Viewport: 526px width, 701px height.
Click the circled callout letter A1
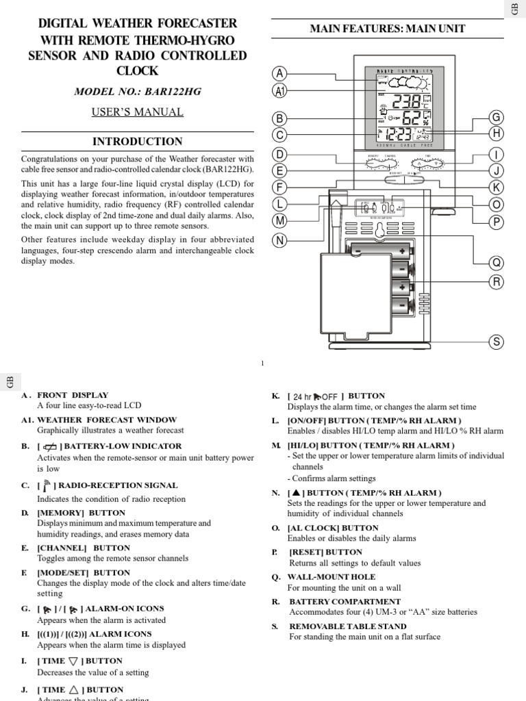point(279,90)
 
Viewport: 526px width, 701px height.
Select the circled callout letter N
point(279,240)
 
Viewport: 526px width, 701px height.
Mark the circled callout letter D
point(279,154)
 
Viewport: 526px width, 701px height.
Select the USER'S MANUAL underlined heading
point(138,112)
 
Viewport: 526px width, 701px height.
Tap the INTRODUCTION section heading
point(138,142)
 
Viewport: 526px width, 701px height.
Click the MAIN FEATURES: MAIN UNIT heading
point(387,29)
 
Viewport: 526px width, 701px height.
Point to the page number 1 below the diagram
point(262,364)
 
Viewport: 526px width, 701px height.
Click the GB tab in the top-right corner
point(515,10)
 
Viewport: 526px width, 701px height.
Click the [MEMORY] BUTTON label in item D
point(82,513)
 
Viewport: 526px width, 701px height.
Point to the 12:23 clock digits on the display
point(399,135)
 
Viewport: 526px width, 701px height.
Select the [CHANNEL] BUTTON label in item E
point(83,548)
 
